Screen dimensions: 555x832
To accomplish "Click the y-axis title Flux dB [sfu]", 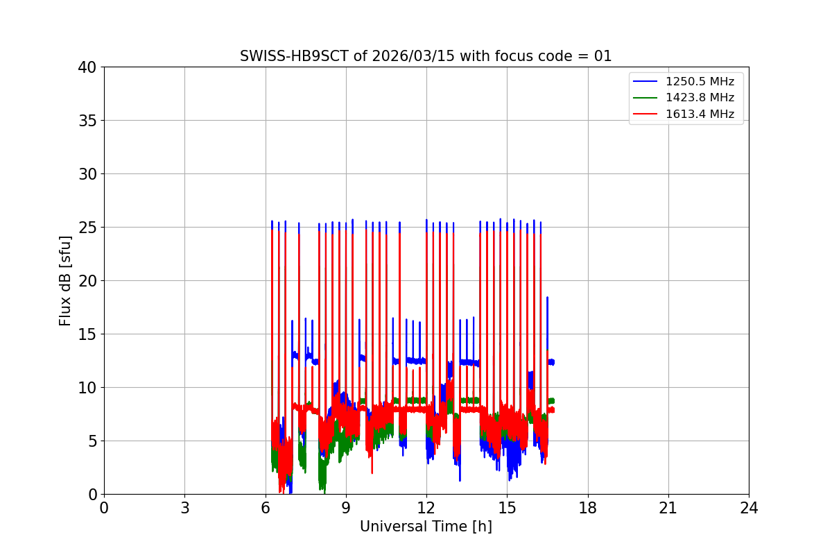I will [65, 280].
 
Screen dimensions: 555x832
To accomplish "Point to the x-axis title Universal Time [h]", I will [426, 527].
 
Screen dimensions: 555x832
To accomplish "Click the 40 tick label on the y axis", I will [87, 67].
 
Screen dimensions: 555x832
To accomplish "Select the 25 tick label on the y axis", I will [87, 228].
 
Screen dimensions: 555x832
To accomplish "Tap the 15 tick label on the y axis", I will [87, 334].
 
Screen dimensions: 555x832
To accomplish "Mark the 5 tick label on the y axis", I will [92, 441].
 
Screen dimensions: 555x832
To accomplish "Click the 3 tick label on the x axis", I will [184, 508].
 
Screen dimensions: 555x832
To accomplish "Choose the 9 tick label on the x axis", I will [346, 508].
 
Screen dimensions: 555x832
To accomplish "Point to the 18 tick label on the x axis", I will [588, 508].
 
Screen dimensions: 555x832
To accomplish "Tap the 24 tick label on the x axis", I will [749, 508].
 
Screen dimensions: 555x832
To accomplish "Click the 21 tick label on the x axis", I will [668, 508].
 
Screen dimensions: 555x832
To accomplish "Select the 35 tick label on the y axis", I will [87, 121].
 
